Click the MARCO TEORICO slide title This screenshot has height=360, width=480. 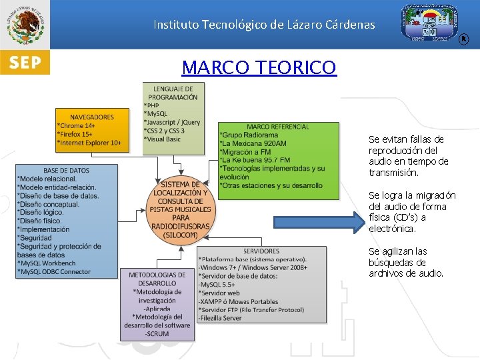tap(259, 67)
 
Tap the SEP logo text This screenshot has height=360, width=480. tap(25, 63)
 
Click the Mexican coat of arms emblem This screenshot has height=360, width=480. tap(25, 24)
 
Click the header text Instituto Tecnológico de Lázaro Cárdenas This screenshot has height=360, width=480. tap(264, 25)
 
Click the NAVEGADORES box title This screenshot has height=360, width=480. tap(92, 117)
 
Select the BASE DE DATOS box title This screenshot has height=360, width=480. tap(67, 170)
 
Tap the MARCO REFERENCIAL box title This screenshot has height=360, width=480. tap(278, 127)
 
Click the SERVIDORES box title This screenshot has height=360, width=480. tap(261, 251)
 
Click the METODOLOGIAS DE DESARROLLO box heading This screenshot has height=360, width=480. tap(157, 279)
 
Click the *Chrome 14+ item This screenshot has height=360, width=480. tap(77, 125)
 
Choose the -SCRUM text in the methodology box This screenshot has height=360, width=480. tap(157, 333)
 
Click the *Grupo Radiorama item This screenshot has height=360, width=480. tap(249, 135)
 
